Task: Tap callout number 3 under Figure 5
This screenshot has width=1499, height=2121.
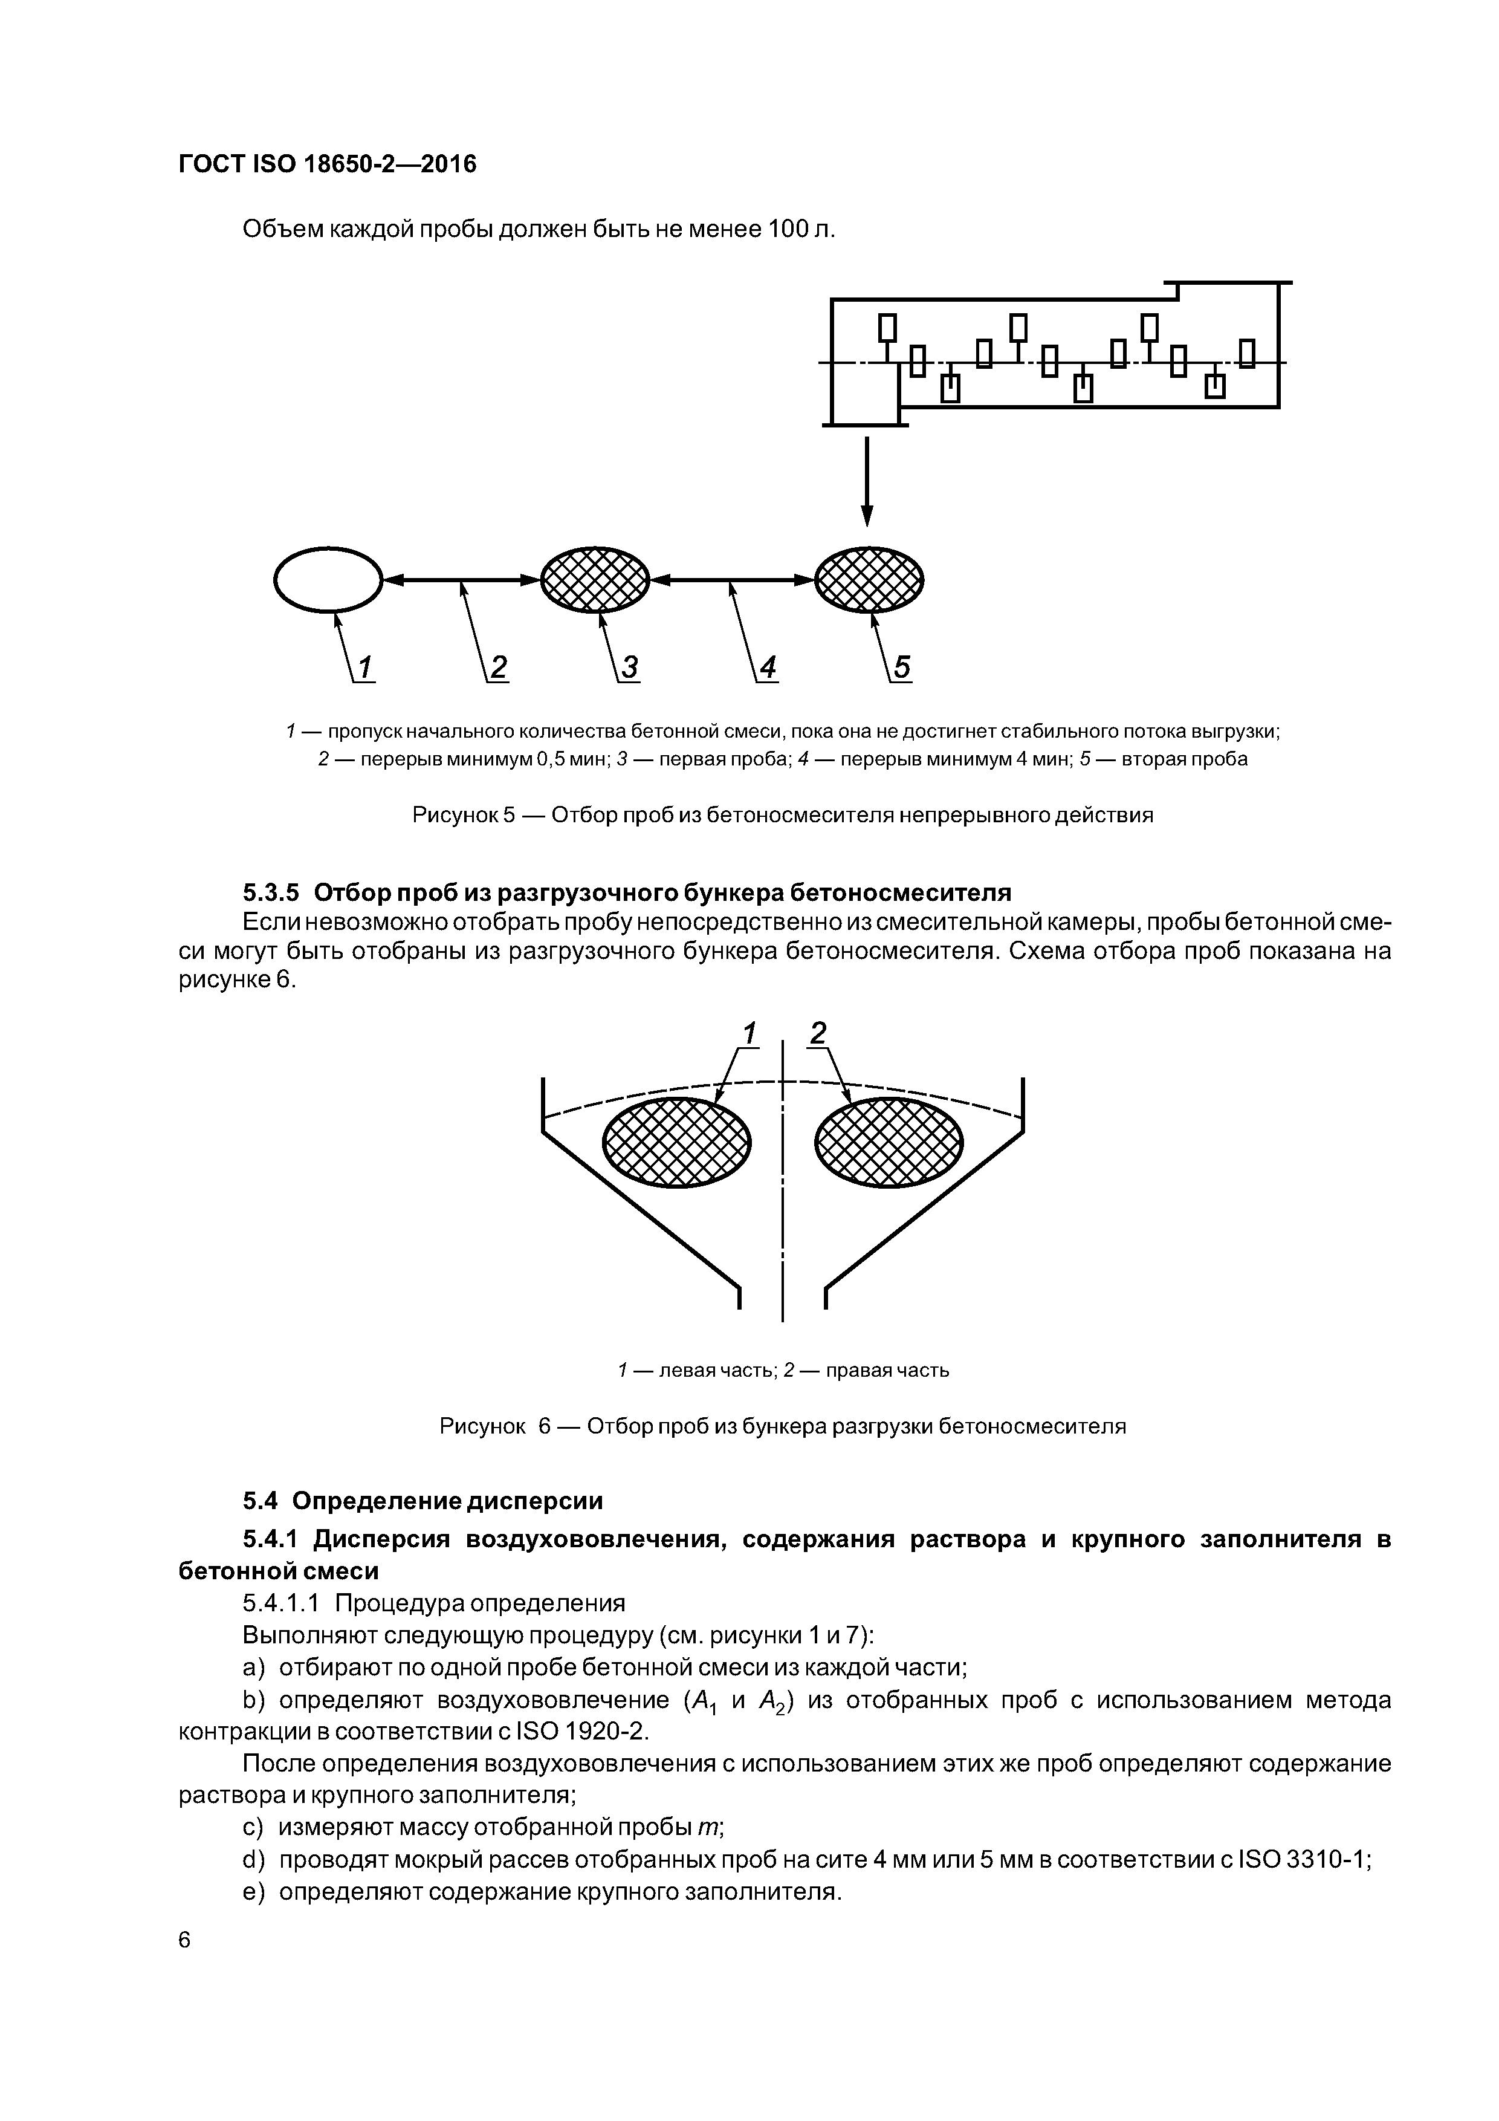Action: [x=629, y=667]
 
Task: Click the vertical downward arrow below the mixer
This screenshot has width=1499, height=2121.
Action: [x=866, y=480]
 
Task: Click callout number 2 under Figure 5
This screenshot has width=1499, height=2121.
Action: [x=498, y=667]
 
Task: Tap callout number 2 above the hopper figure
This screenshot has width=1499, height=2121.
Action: [x=817, y=1032]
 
